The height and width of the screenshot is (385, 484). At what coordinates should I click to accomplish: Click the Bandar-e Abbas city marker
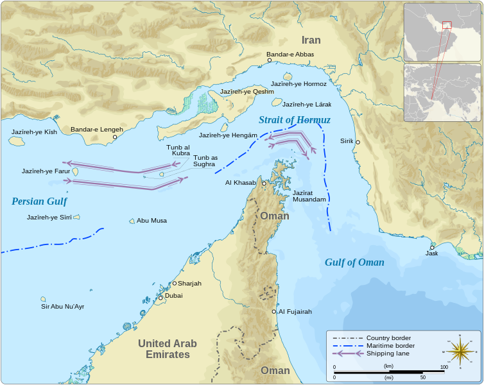[x=270, y=61]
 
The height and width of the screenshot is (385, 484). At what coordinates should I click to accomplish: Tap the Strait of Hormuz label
[x=295, y=120]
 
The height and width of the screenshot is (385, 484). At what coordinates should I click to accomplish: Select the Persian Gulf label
[x=39, y=201]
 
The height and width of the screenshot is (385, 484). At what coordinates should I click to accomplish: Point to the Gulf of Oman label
[x=354, y=262]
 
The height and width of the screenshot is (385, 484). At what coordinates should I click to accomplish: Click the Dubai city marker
[x=160, y=298]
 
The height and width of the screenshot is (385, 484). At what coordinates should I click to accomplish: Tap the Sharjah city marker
[x=174, y=283]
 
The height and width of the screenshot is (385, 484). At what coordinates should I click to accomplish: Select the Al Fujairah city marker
[x=274, y=312]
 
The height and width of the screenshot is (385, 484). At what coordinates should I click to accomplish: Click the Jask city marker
[x=432, y=247]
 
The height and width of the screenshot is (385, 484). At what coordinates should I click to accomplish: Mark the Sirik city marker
[x=358, y=142]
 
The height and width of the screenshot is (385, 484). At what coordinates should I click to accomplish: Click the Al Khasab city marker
[x=264, y=183]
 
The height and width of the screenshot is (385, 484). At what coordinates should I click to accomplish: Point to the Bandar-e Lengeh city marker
[x=115, y=137]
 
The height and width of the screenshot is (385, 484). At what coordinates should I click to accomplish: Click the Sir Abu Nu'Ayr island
[x=44, y=299]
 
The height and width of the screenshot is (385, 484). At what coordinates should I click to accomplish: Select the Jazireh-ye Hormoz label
[x=298, y=84]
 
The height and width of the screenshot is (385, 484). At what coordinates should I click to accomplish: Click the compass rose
[x=460, y=351]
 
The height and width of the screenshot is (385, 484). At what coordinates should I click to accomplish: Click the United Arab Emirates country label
[x=168, y=349]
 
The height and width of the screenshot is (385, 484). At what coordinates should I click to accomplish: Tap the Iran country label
[x=311, y=40]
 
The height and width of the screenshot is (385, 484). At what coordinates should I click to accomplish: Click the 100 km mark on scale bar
[x=444, y=372]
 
